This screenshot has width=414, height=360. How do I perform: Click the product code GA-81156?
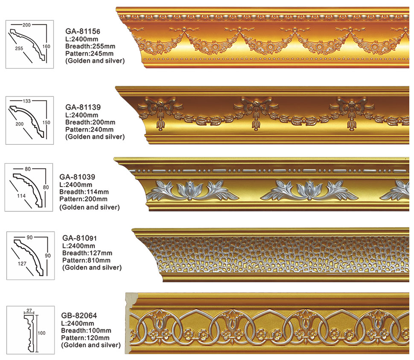(x=82, y=31)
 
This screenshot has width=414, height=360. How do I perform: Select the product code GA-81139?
(x=83, y=107)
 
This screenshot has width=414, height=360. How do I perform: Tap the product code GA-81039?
(x=77, y=176)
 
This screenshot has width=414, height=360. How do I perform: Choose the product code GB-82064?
(x=79, y=316)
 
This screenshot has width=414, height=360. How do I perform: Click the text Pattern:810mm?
(x=86, y=260)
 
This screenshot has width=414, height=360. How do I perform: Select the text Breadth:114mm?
(x=84, y=192)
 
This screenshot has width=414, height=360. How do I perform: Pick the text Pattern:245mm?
(x=90, y=53)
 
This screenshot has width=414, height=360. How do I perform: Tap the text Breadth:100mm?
(x=86, y=331)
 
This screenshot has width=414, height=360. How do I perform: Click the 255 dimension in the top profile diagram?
(x=18, y=49)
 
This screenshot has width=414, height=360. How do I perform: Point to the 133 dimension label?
(x=26, y=101)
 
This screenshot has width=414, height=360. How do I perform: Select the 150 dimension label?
(x=47, y=123)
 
